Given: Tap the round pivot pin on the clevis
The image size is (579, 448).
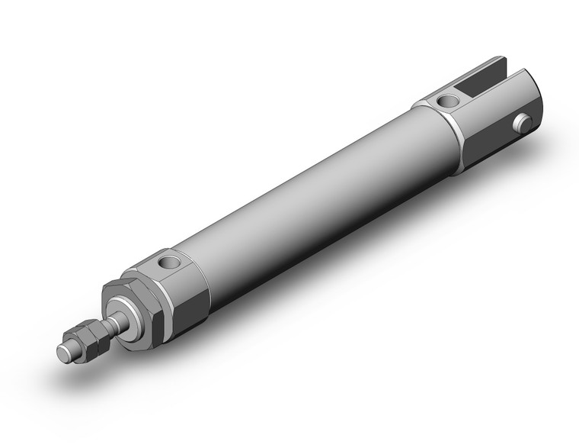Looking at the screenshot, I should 522,122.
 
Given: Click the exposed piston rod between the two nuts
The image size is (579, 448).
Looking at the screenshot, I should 112,325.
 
